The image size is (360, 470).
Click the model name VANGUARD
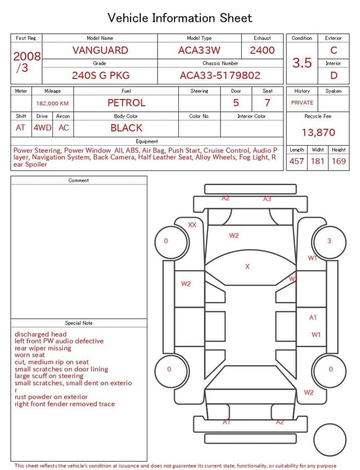point(100,50)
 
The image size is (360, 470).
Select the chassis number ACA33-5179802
point(220,75)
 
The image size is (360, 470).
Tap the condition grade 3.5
point(302,63)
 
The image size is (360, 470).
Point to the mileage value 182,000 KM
point(52,104)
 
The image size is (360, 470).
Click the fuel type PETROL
point(127,103)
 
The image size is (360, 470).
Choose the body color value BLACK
point(127,128)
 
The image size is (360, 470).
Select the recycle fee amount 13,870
point(318,132)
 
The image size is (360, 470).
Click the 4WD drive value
point(42,128)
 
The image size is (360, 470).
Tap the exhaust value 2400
point(262,50)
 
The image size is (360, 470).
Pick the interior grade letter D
point(334,75)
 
